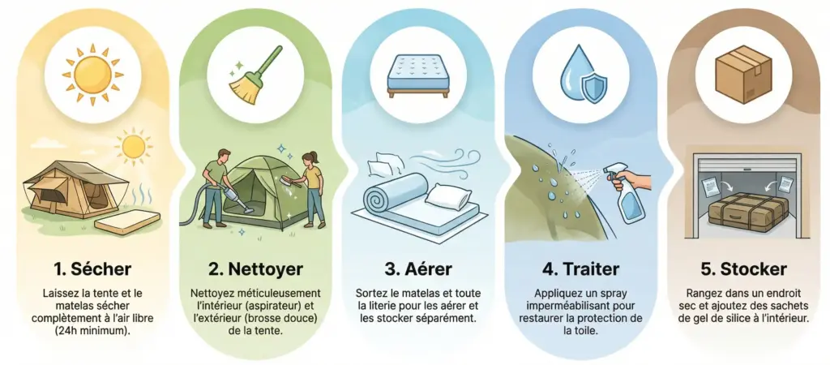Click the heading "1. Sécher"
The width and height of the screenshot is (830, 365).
coord(92,266)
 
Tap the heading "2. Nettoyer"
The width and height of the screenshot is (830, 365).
coord(254,266)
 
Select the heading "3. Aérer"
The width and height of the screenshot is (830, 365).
coord(416,266)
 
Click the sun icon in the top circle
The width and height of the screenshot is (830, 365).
coord(92,71)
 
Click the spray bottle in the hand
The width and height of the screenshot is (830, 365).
coord(626,199)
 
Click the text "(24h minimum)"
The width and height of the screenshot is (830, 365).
coord(92,330)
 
